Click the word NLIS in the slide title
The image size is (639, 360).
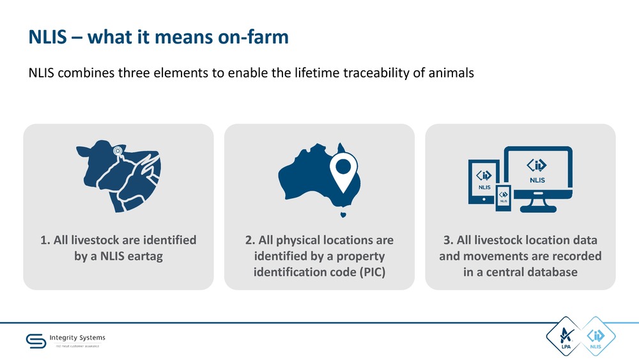[47, 36]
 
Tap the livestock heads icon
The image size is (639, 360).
[118, 176]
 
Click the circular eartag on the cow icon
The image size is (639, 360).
[118, 152]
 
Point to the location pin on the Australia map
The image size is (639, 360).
[344, 171]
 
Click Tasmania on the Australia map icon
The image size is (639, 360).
[343, 214]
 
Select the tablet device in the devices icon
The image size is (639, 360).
[483, 182]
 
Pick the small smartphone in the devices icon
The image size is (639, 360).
[504, 198]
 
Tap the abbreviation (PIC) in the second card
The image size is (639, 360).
[373, 272]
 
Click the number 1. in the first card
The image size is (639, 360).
[45, 240]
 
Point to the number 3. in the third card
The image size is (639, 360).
[449, 240]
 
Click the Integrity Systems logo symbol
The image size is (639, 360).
[36, 341]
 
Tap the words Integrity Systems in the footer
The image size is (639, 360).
[77, 338]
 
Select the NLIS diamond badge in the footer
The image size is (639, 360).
[596, 336]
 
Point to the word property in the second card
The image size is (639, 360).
[360, 256]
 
